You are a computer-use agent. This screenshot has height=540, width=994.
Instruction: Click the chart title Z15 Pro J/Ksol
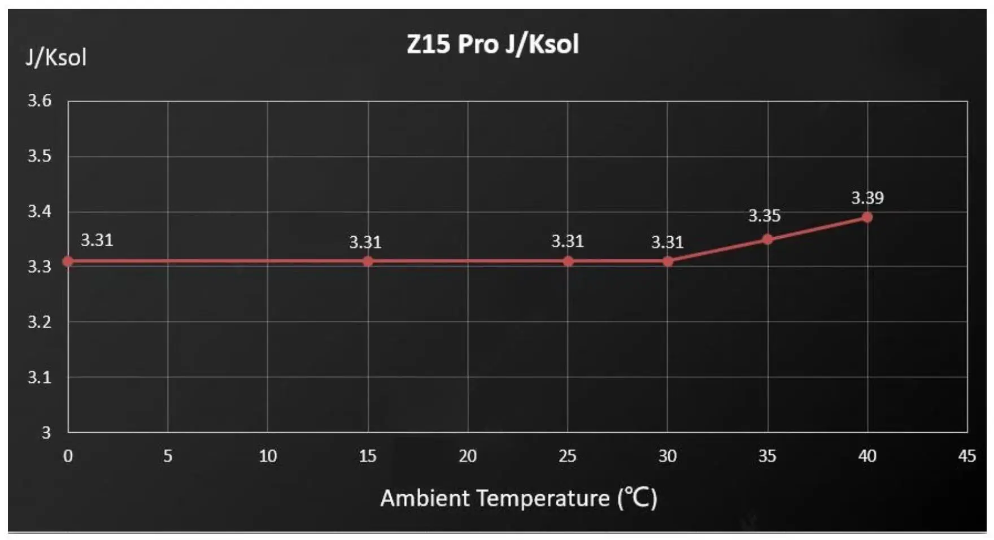coord(492,44)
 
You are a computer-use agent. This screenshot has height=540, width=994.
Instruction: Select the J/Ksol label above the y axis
coord(56,58)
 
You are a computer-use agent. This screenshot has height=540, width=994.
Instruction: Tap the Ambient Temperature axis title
coord(518,498)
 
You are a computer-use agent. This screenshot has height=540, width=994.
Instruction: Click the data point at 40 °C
coord(867,217)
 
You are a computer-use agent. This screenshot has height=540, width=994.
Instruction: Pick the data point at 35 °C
coord(767,239)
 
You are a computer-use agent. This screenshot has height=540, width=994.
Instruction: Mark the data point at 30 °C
coord(668,262)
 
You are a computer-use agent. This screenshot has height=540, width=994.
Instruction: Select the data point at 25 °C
coord(568,262)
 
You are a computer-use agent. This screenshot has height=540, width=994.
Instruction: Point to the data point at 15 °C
coord(368,262)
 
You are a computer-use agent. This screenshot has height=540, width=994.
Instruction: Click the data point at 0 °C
coord(68,262)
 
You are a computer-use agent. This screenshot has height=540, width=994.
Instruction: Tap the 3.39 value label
coord(867,198)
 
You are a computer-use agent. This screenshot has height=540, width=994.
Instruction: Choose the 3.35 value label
coord(764,216)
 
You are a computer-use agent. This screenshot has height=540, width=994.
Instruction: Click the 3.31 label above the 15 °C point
coord(365,243)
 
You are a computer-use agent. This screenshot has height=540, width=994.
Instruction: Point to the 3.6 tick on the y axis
coord(40,101)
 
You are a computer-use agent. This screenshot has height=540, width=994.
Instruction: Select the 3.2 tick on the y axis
coord(40,322)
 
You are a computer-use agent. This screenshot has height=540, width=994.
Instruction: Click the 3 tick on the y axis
coord(46,433)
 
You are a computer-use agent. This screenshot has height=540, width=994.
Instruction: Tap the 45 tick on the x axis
coord(967,456)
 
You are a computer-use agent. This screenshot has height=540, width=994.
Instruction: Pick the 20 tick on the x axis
coord(468,456)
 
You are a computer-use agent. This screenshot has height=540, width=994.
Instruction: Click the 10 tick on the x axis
coord(268,456)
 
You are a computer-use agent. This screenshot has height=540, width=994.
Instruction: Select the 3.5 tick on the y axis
coord(40,156)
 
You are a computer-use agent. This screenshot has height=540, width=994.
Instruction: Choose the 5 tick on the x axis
coord(168,456)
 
